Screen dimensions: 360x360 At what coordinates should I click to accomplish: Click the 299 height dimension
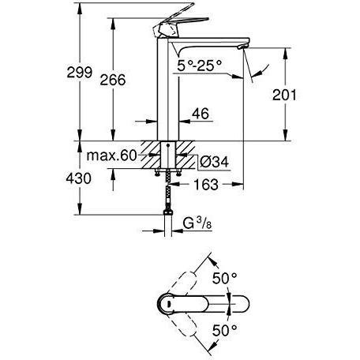[x=80, y=73]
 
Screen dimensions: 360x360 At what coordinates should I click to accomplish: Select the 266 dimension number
[x=113, y=80]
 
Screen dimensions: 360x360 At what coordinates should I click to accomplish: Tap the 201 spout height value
[x=284, y=95]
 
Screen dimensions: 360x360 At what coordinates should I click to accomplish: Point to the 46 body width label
[x=201, y=114]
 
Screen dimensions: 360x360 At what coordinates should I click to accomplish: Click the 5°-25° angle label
[x=200, y=66]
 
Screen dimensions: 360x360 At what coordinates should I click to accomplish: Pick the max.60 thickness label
[x=111, y=156]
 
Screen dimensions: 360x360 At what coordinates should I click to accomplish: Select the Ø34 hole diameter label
[x=214, y=162]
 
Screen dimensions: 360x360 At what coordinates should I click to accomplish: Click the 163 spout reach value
[x=206, y=185]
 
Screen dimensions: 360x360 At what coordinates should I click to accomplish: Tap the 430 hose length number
[x=78, y=178]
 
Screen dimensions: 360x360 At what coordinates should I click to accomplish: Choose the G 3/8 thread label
[x=197, y=223]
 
